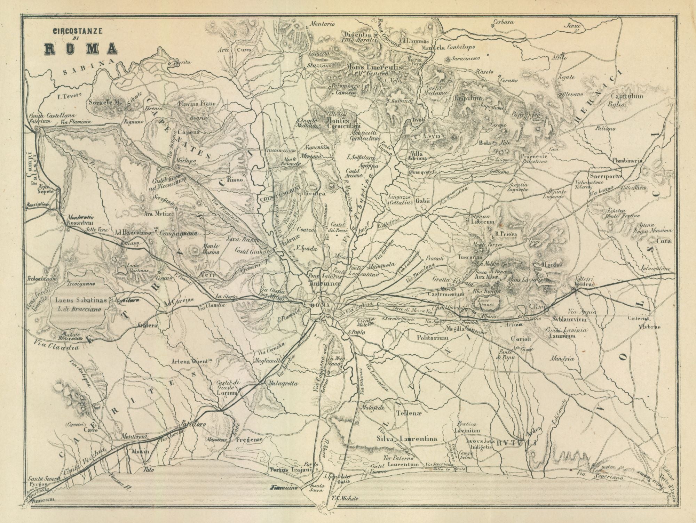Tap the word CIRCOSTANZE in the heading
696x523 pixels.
pyautogui.click(x=77, y=31)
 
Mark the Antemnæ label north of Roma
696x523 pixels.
pyautogui.click(x=324, y=283)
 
